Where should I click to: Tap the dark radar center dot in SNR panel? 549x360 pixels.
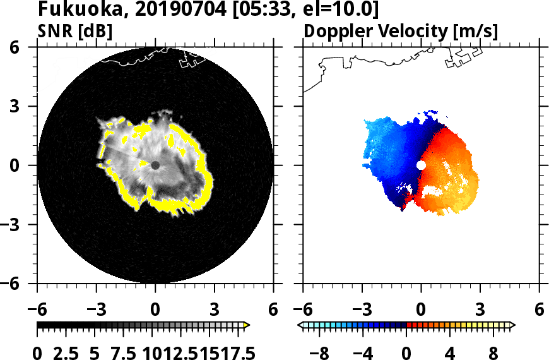[155, 165]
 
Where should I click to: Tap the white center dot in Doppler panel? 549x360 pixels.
[421, 165]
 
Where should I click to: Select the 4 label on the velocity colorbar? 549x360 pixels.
[449, 352]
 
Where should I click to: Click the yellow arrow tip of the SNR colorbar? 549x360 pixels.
[247, 325]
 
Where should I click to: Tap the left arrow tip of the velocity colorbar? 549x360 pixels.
[300, 325]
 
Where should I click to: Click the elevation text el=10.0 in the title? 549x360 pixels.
[344, 10]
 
